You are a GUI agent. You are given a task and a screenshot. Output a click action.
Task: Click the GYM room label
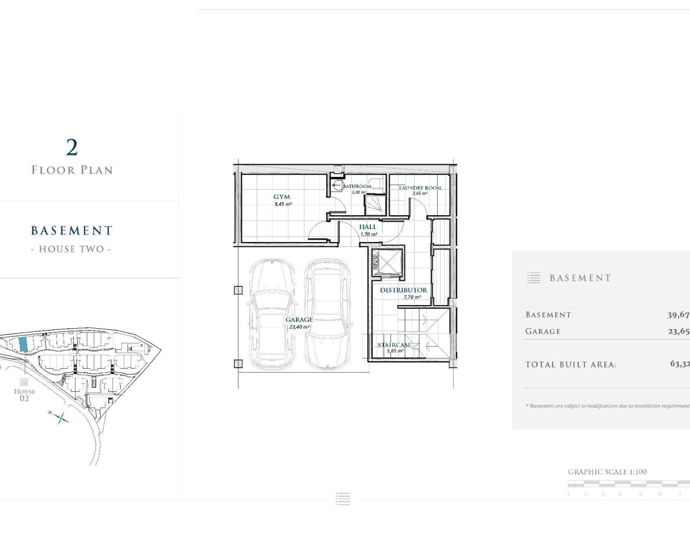pos(281,197)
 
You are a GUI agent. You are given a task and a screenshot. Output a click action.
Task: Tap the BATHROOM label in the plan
pos(357,186)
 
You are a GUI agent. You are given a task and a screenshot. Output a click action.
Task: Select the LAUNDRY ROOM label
pos(420,188)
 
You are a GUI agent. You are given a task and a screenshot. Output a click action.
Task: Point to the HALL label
pos(368,227)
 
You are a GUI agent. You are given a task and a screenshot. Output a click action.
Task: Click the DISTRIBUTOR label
pos(404,290)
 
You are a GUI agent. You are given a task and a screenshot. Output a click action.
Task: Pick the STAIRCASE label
pos(395,345)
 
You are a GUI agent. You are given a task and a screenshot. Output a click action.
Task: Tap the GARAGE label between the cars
pos(299,320)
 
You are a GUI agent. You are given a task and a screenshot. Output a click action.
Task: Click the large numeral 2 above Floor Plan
pos(72,147)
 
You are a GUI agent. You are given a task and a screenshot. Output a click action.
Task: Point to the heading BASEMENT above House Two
pos(72,231)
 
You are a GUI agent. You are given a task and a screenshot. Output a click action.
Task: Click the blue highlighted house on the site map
pos(23,344)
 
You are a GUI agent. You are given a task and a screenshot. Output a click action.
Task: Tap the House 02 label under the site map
pos(24,395)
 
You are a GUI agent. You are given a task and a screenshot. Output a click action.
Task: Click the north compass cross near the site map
pos(61,417)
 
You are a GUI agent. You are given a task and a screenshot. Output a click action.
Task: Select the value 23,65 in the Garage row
pos(679,332)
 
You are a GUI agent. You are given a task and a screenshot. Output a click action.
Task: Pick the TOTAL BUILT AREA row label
pos(571,365)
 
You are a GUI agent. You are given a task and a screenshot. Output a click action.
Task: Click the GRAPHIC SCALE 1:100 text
pos(607,472)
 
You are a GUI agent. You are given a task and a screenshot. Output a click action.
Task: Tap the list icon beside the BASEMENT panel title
pos(534,278)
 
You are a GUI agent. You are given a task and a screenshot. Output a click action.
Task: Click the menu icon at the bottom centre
pos(343,499)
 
